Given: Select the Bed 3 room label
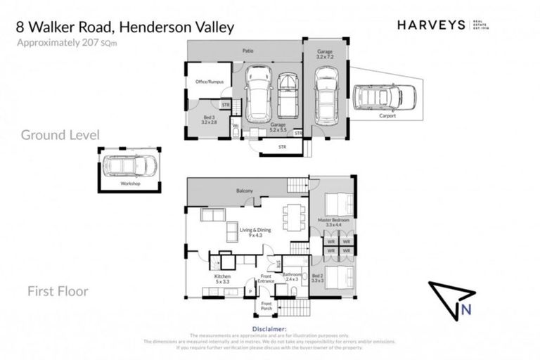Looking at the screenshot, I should (x=210, y=120).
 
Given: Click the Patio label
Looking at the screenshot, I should (x=247, y=51).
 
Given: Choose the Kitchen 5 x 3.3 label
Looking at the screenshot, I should (x=222, y=279).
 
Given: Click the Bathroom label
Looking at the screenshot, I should (x=292, y=276).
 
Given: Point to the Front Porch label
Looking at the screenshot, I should (x=266, y=304).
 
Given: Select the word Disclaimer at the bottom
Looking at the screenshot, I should (x=269, y=328).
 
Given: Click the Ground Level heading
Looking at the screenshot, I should (x=60, y=134).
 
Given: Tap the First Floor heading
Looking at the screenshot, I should (x=58, y=290).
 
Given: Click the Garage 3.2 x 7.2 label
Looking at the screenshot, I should (x=325, y=53).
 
